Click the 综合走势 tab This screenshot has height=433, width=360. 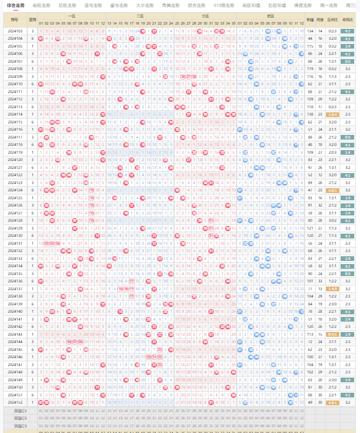[16, 5]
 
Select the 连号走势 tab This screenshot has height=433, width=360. [93, 5]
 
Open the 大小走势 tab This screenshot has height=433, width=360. [145, 5]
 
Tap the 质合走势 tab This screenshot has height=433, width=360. [196, 5]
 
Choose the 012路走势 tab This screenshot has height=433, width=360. [224, 5]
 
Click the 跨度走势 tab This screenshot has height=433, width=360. [303, 5]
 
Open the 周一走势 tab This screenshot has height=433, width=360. [329, 5]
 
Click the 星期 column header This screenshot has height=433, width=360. [33, 19]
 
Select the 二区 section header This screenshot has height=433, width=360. [140, 16]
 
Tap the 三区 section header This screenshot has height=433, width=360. [205, 16]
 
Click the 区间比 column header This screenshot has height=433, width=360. [332, 19]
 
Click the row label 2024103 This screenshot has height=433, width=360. [15, 31]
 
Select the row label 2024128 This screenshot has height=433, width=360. [15, 221]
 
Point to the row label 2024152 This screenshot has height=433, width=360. [15, 402]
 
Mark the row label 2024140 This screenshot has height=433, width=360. [15, 311]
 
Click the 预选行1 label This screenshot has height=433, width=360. [20, 411]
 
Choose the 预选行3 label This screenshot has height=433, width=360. [20, 426]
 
